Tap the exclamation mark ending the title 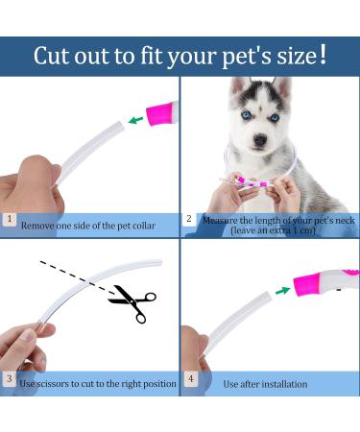click(x=323, y=54)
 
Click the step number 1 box click(x=10, y=219)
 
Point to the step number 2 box click(x=189, y=219)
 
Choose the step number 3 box click(x=10, y=382)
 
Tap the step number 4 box click(x=189, y=382)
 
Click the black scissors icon click(x=132, y=303)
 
